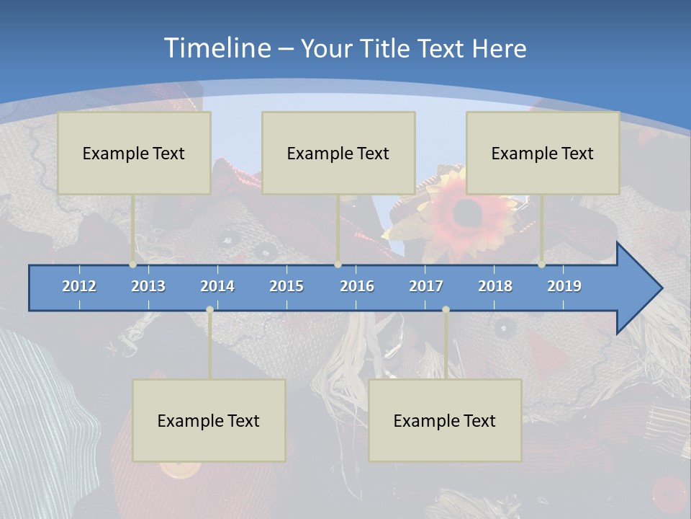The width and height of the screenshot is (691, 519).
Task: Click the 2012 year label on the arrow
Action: [x=79, y=286]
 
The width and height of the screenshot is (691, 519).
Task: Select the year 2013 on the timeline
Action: [x=148, y=286]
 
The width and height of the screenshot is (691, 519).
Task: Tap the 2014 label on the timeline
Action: [x=217, y=286]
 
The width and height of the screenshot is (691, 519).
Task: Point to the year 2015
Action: [x=286, y=286]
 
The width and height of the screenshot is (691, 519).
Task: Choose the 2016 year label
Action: [x=357, y=286]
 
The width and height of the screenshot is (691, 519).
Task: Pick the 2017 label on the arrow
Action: [x=426, y=286]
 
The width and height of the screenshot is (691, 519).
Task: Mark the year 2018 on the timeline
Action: [x=495, y=286]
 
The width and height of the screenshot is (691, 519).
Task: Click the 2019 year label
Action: [x=564, y=286]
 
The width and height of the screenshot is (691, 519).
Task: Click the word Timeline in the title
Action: [x=217, y=48]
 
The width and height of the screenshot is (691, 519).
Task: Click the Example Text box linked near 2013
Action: [x=134, y=153]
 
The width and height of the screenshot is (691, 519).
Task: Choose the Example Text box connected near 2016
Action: [x=338, y=153]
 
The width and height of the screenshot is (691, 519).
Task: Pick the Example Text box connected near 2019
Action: [x=543, y=153]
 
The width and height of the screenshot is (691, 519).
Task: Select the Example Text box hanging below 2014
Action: [x=209, y=420]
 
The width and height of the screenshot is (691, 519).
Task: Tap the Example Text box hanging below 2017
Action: [x=445, y=420]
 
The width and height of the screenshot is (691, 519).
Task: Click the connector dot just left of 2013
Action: [x=133, y=265]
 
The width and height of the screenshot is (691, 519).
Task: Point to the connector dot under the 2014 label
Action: [x=209, y=309]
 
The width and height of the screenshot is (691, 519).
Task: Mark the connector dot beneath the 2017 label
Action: [x=446, y=309]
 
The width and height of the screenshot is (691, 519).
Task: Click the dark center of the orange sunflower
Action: [x=469, y=211]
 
